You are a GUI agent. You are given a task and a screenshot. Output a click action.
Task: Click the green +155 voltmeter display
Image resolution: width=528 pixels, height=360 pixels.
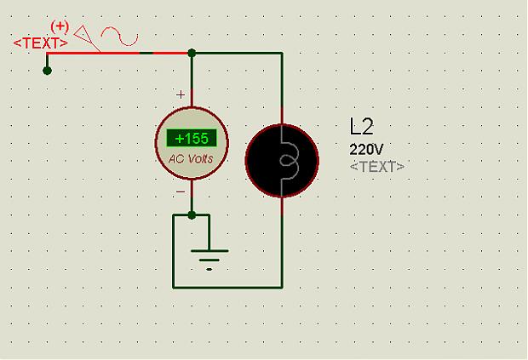192,139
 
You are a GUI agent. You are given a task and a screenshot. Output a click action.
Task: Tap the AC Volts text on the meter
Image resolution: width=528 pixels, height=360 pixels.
192,159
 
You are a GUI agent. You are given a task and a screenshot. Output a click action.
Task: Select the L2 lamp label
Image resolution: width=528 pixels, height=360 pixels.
362,127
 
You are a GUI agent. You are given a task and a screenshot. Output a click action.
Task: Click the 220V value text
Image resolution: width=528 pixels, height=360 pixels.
366,148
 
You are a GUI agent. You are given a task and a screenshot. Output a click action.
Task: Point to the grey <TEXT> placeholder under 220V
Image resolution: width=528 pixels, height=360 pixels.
377,166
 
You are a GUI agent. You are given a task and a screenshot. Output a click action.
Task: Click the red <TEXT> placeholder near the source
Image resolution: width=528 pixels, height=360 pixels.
41,42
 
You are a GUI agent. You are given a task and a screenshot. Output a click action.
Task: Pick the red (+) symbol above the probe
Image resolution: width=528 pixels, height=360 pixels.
60,26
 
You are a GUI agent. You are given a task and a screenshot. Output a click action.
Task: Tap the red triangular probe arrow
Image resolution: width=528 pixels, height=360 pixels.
85,36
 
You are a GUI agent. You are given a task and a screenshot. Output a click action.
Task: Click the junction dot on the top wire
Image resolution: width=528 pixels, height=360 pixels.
192,53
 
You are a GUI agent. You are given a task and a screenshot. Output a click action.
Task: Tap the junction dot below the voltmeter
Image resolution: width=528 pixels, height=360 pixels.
192,214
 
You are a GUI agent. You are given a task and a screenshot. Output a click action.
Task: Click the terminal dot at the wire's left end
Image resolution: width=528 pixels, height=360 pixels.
47,70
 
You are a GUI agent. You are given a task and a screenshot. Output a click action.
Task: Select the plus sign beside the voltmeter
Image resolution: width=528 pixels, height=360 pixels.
180,94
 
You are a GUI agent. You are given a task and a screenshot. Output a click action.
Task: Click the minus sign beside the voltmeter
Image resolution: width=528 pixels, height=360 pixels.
180,192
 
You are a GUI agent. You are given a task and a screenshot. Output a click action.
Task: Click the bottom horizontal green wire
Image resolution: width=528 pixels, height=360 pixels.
227,287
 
